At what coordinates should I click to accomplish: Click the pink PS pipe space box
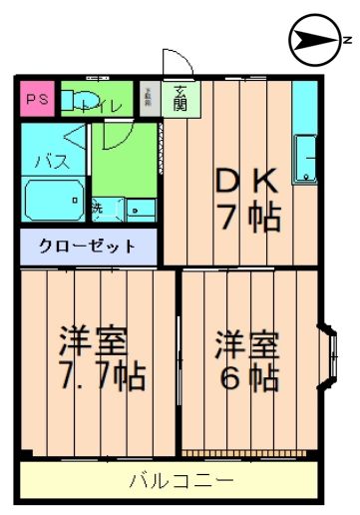pyautogui.click(x=37, y=100)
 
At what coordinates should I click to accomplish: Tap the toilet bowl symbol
pyautogui.click(x=80, y=101)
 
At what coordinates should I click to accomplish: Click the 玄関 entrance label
pyautogui.click(x=180, y=98)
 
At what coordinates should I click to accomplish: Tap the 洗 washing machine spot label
pyautogui.click(x=98, y=210)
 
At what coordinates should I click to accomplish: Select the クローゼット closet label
pyautogui.click(x=88, y=245)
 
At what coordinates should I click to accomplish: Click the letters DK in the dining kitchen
pyautogui.click(x=246, y=181)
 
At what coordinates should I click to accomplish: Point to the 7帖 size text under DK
pyautogui.click(x=247, y=216)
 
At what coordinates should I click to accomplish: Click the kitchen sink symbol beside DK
pyautogui.click(x=304, y=161)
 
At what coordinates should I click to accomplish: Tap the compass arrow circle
pyautogui.click(x=311, y=40)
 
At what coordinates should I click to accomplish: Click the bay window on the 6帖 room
pyautogui.click(x=330, y=358)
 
